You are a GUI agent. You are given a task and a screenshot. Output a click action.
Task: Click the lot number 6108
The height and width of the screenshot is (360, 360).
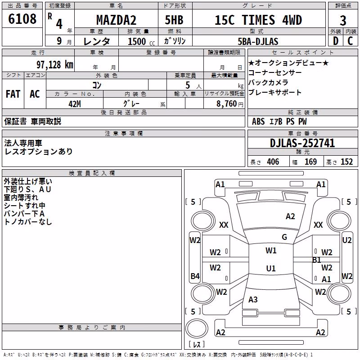click(22, 19)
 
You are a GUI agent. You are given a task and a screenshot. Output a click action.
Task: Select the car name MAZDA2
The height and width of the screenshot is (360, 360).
click(116, 20)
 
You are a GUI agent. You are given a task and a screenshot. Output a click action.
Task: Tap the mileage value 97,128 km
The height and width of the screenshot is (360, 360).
click(55, 65)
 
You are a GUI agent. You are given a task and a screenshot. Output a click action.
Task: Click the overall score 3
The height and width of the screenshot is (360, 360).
click(343, 21)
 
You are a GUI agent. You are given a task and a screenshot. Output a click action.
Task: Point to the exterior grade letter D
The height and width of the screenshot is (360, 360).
click(336, 41)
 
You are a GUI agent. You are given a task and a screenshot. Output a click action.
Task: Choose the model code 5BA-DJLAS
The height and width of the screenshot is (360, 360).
click(258, 41)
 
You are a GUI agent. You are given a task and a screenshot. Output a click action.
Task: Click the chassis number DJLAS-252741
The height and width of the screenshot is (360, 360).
click(302, 143)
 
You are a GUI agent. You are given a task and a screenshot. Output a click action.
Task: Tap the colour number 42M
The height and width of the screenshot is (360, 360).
click(75, 104)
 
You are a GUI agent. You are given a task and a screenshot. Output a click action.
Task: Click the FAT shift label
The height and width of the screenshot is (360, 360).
click(13, 94)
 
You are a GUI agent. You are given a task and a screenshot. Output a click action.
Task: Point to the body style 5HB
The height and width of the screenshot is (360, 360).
click(174, 20)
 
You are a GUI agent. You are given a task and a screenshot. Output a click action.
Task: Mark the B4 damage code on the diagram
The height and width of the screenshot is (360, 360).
click(195, 276)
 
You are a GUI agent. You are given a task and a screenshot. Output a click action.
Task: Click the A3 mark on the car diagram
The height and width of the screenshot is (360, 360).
click(253, 299)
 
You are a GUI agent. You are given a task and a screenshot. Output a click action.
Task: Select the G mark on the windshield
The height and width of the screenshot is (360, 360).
click(284, 237)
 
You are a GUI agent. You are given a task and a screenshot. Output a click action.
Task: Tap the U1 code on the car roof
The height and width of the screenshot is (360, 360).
click(271, 268)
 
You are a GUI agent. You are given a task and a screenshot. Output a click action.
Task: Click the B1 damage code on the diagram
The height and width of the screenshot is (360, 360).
click(316, 260)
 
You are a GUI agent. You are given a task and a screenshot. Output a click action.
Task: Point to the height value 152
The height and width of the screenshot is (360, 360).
click(346, 162)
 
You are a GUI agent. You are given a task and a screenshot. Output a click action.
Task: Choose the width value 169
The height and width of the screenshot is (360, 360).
click(310, 162)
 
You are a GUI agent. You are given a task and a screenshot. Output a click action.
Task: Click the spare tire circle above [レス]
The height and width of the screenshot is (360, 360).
click(197, 328)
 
